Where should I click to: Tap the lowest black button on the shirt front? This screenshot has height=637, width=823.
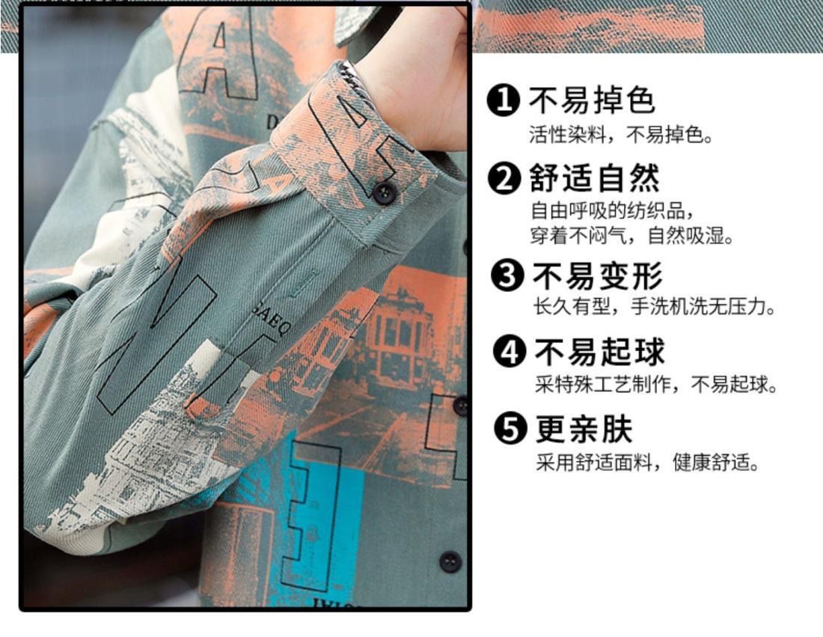pyautogui.click(x=450, y=561)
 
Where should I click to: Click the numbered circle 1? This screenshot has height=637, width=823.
pyautogui.click(x=504, y=100)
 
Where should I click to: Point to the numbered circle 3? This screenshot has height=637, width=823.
pyautogui.click(x=507, y=275)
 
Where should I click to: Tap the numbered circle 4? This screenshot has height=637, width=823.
pyautogui.click(x=509, y=351)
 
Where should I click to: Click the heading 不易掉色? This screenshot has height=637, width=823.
pyautogui.click(x=592, y=100)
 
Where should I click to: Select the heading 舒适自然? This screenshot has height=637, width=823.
pyautogui.click(x=594, y=178)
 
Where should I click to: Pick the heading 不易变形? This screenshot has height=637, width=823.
pyautogui.click(x=598, y=275)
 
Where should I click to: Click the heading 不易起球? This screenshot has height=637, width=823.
pyautogui.click(x=600, y=351)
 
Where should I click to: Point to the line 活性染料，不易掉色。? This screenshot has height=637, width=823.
pyautogui.click(x=622, y=135)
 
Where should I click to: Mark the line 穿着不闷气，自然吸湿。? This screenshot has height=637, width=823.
pyautogui.click(x=632, y=235)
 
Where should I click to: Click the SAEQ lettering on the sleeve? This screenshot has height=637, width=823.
pyautogui.click(x=270, y=320)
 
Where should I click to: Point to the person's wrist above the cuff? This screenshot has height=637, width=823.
pyautogui.click(x=420, y=105)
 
